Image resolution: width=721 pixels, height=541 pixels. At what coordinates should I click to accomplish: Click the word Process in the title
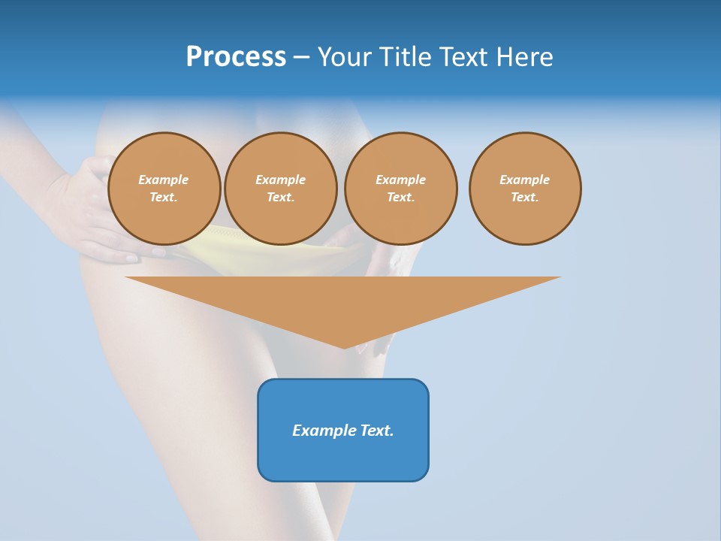coord(236,57)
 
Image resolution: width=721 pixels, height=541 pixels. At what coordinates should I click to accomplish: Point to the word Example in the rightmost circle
coord(524,180)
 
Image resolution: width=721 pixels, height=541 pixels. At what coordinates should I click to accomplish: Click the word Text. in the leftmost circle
coord(164,198)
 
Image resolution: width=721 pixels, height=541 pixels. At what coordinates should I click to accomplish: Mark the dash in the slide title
coord(301,57)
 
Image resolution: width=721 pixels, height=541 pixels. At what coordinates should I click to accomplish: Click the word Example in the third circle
coord(400,180)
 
